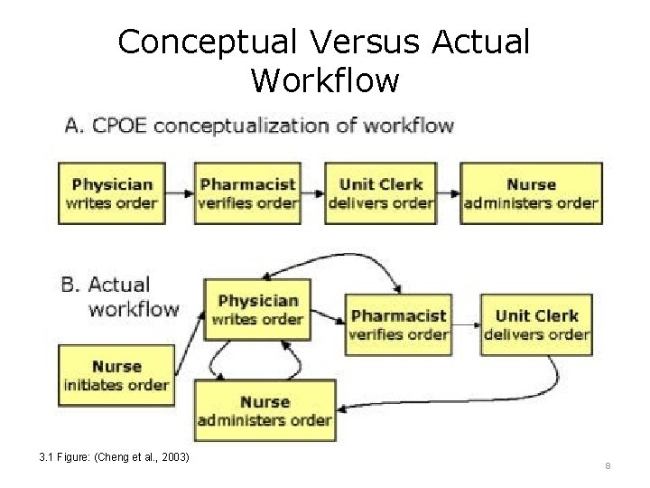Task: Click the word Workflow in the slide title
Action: pos(324,80)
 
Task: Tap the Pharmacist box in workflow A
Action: pos(247,193)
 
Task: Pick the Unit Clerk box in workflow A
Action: pos(380,193)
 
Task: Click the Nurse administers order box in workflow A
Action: pos(531,193)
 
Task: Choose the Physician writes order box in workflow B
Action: pos(257,309)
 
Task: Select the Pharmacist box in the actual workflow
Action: pos(398,324)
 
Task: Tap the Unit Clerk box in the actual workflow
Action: pos(536,324)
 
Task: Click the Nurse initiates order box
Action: pos(116,376)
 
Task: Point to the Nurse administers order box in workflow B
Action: pos(265,410)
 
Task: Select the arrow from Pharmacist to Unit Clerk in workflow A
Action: pos(313,193)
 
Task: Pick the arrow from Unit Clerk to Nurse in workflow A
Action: pos(448,193)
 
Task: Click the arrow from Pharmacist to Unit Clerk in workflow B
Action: pos(465,324)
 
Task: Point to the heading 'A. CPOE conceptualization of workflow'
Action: pos(259,126)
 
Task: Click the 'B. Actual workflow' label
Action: pos(120,296)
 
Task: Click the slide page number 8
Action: pos(608,466)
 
